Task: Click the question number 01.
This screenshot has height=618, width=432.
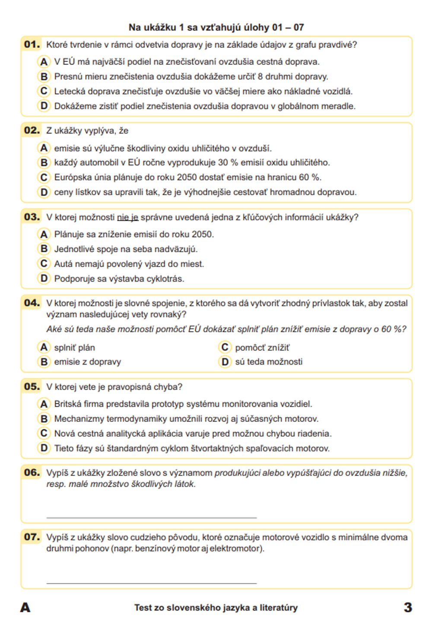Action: (32, 44)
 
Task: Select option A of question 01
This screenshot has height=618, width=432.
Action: (44, 62)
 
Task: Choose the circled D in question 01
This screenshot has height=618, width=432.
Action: (44, 106)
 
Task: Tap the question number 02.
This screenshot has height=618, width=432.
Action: (32, 130)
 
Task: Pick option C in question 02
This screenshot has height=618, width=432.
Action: (44, 177)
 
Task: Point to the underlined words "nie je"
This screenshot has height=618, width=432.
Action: (128, 217)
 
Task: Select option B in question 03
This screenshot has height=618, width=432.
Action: (44, 249)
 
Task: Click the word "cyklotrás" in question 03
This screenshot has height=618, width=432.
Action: (165, 279)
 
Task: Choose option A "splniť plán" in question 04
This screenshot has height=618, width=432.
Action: (44, 347)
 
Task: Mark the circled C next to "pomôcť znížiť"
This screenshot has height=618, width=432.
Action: (225, 347)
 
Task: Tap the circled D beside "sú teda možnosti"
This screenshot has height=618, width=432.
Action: (225, 362)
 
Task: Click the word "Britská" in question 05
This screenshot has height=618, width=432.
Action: (68, 404)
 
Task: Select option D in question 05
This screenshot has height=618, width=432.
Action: (44, 448)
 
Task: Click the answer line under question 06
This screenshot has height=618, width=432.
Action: (151, 517)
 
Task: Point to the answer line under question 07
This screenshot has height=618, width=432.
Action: (151, 583)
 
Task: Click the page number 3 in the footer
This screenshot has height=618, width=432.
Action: (408, 608)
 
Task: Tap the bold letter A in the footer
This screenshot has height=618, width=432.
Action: (25, 608)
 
